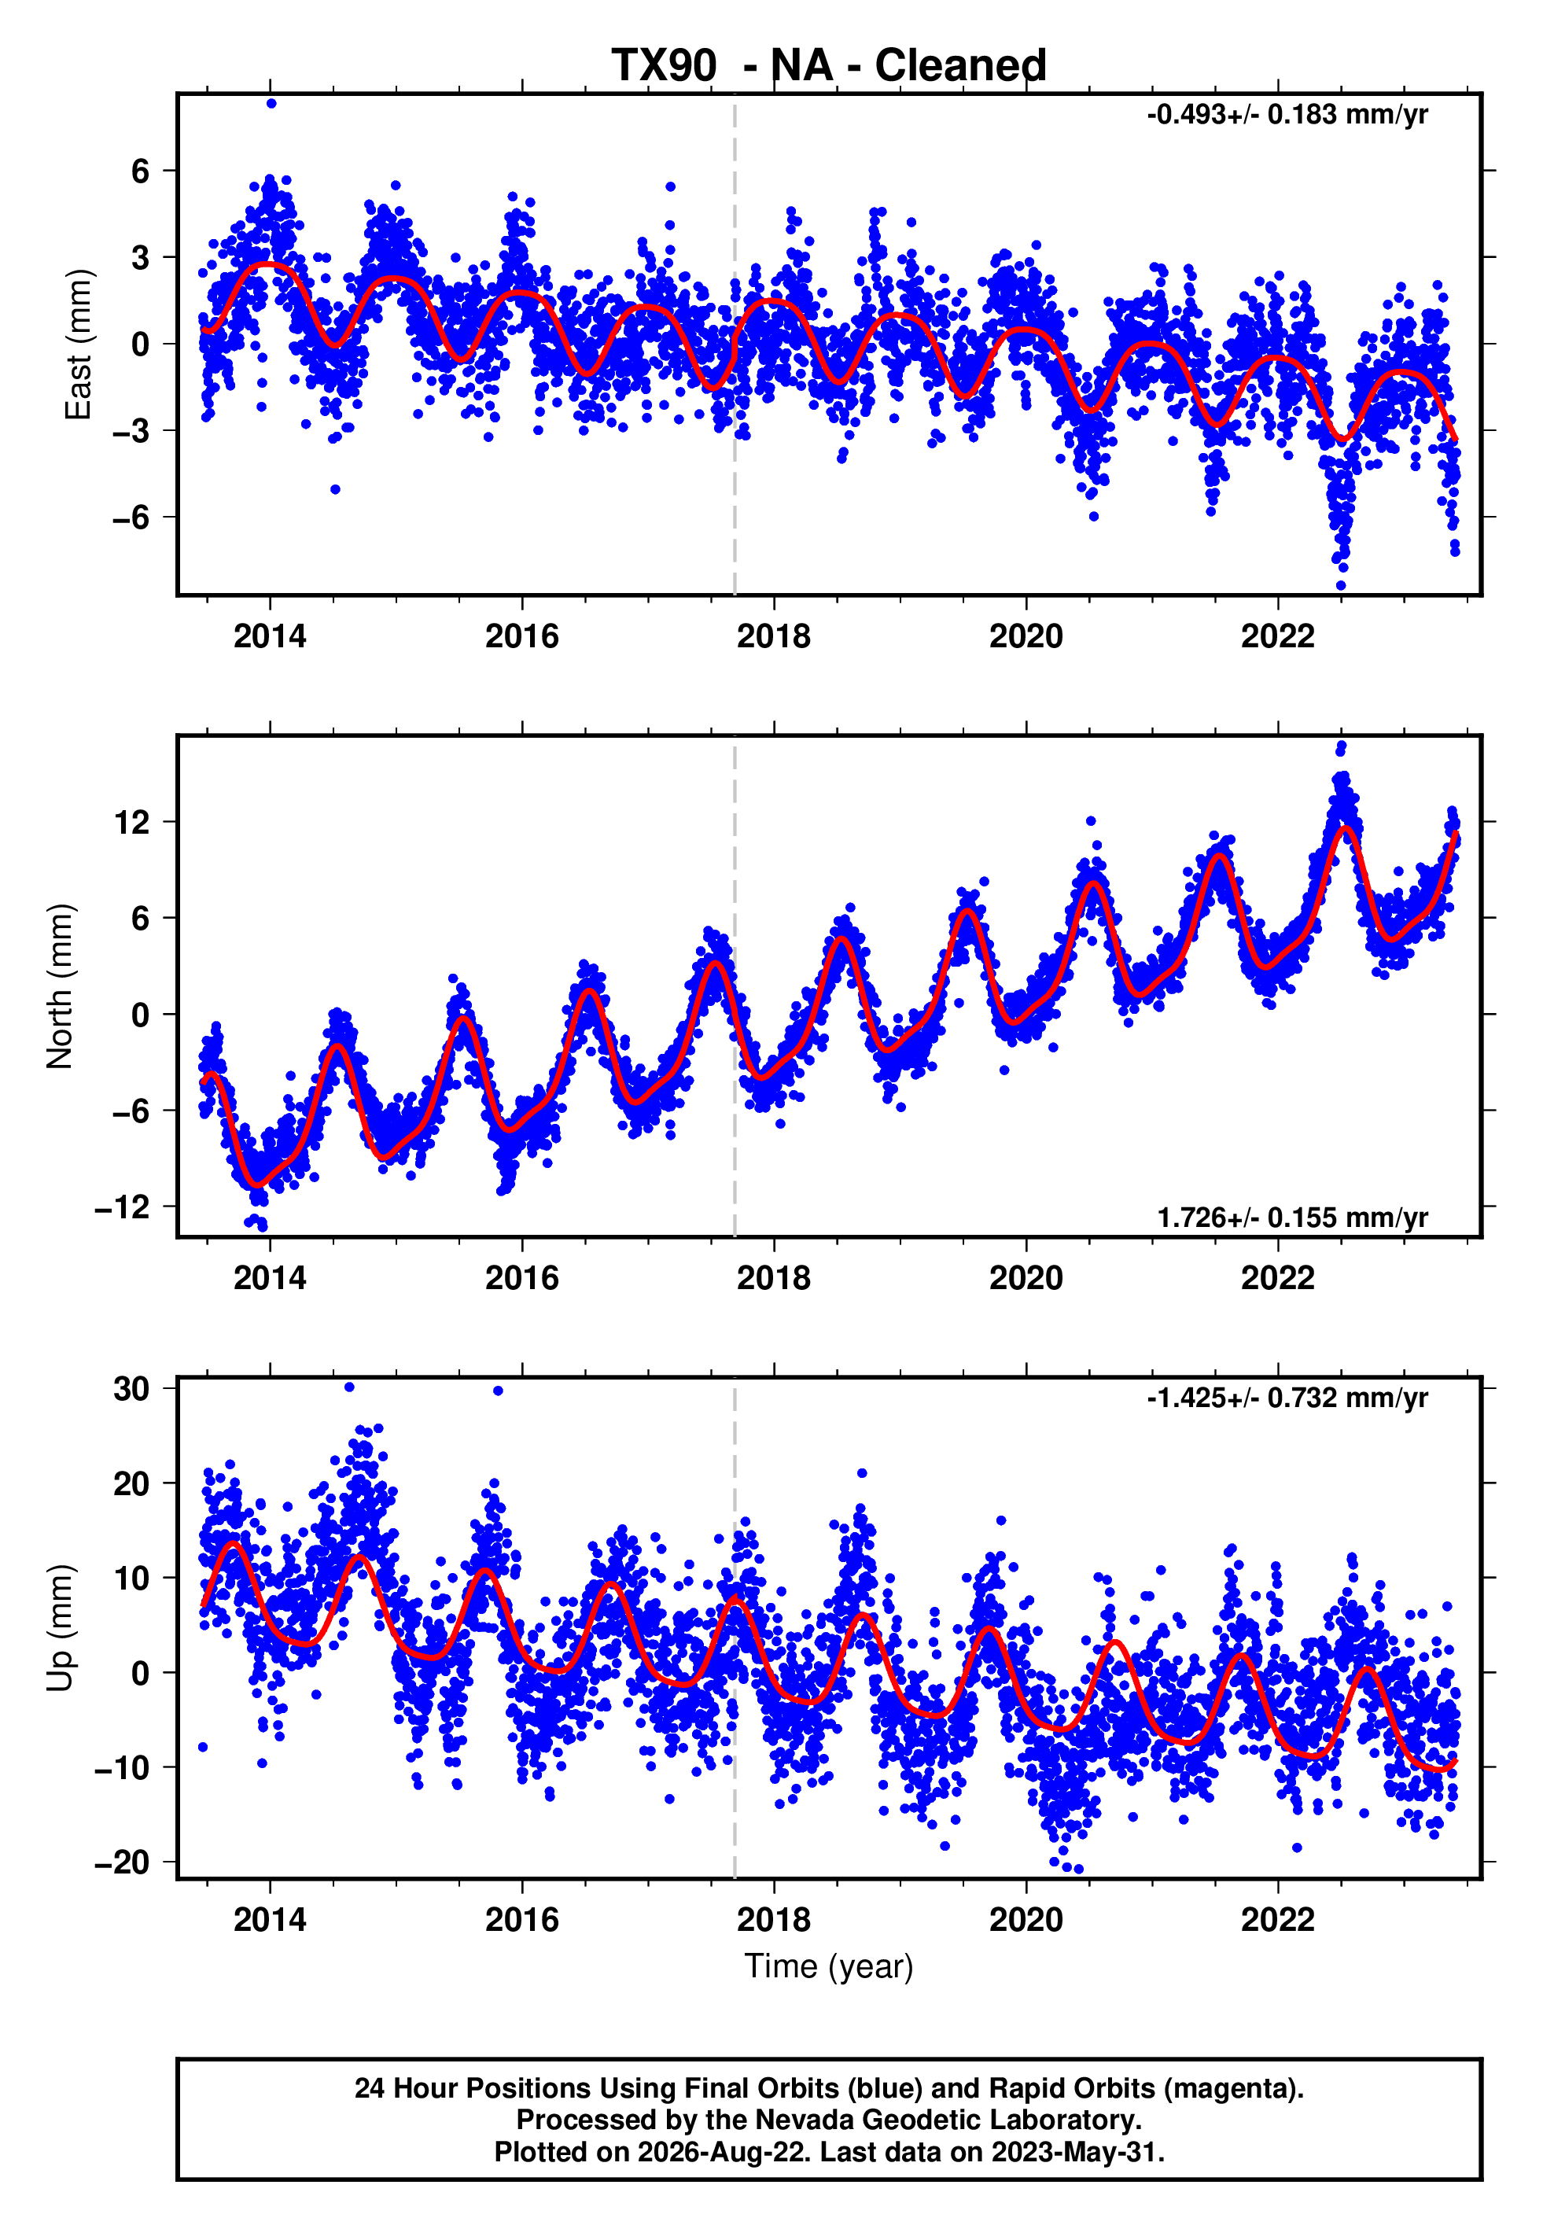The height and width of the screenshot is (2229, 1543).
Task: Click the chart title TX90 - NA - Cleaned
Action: (x=829, y=66)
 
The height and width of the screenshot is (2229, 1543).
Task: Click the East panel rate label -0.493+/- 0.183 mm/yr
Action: (x=1287, y=115)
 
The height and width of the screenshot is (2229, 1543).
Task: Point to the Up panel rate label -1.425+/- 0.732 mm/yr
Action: (x=1287, y=1398)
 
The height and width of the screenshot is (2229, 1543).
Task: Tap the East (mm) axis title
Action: (x=79, y=344)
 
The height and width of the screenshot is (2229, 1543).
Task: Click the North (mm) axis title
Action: (x=60, y=986)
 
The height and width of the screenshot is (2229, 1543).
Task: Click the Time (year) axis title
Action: (x=829, y=1966)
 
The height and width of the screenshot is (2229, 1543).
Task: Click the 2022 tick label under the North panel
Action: (x=1277, y=1278)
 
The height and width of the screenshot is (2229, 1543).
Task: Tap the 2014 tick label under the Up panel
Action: (x=270, y=1920)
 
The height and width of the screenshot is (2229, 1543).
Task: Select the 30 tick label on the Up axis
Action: (x=131, y=1388)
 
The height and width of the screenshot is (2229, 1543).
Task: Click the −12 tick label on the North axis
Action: (x=122, y=1207)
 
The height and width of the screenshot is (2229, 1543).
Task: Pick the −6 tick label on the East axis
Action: (x=131, y=517)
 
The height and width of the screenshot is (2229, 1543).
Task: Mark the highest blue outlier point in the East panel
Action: (x=271, y=103)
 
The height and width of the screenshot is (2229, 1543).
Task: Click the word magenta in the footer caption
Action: (x=1227, y=2089)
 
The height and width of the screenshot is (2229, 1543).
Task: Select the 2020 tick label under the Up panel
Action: (x=1026, y=1920)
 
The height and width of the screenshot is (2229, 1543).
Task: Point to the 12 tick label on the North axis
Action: (x=131, y=823)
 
